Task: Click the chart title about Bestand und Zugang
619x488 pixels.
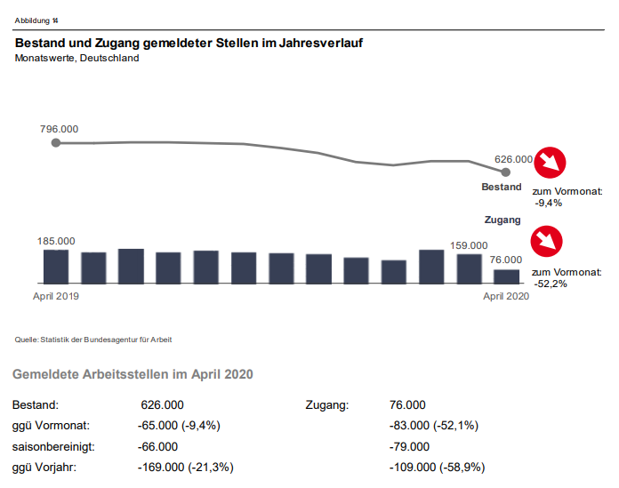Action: pyautogui.click(x=189, y=43)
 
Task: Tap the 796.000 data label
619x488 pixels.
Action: pyautogui.click(x=60, y=129)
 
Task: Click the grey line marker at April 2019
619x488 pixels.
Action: pyautogui.click(x=56, y=142)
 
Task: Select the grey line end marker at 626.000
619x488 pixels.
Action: pyautogui.click(x=506, y=172)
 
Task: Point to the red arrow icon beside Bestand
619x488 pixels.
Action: pyautogui.click(x=551, y=163)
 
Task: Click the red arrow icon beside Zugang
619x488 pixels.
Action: pyautogui.click(x=547, y=243)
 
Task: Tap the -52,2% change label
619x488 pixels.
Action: pyautogui.click(x=549, y=283)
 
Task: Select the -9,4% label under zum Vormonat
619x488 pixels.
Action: pyautogui.click(x=549, y=203)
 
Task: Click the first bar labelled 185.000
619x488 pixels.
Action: pyautogui.click(x=56, y=266)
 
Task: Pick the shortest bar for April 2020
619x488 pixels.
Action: pyautogui.click(x=506, y=276)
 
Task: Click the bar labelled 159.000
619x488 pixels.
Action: pyautogui.click(x=469, y=268)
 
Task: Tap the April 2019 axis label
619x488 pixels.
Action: pyautogui.click(x=56, y=296)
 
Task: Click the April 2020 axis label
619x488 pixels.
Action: pyautogui.click(x=506, y=296)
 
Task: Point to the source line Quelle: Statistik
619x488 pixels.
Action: pyautogui.click(x=93, y=340)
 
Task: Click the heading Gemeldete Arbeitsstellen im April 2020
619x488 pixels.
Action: pyautogui.click(x=133, y=374)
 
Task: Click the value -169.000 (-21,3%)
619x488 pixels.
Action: pyautogui.click(x=186, y=468)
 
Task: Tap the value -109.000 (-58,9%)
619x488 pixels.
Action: pyautogui.click(x=438, y=468)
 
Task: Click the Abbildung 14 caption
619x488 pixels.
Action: pyautogui.click(x=37, y=20)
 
